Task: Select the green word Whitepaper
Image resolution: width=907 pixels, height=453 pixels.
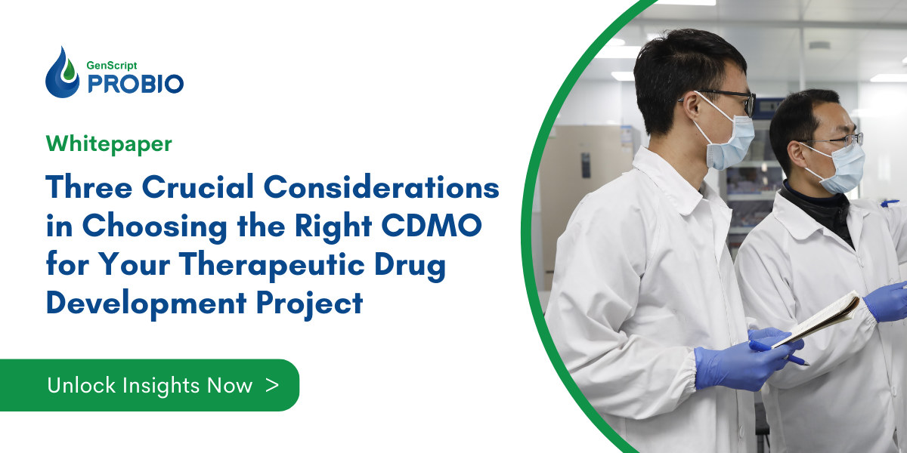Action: (x=109, y=143)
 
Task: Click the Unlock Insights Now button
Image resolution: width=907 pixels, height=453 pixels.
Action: (x=163, y=385)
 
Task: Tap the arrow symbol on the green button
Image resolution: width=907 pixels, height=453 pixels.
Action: (x=273, y=385)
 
